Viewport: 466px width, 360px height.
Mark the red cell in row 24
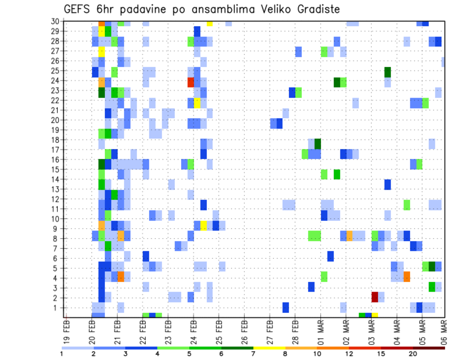(x=191, y=82)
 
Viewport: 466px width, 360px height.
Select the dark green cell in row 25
(x=387, y=72)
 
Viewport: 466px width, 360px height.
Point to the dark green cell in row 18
(x=317, y=144)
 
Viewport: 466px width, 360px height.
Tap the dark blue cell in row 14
(x=387, y=184)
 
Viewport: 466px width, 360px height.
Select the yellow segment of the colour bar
(x=269, y=348)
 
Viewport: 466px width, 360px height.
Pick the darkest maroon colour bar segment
(x=429, y=348)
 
